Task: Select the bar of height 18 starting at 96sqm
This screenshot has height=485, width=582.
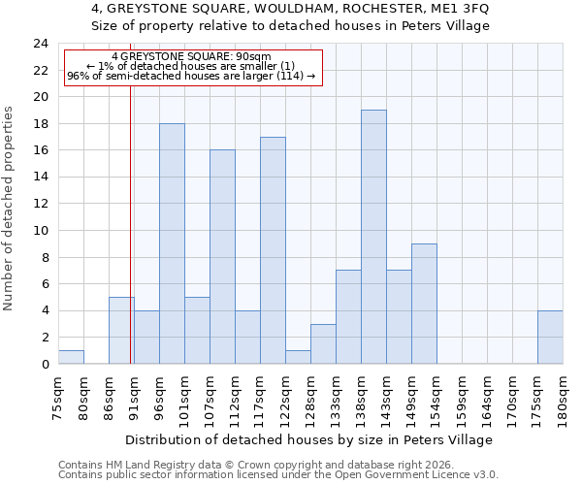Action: [x=172, y=243]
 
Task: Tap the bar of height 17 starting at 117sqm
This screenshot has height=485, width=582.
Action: [x=273, y=250]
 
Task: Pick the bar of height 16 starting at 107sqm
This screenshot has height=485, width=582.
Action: [x=222, y=257]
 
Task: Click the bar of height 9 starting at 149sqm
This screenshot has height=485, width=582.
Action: [x=424, y=304]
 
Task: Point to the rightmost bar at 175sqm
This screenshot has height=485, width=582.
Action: [x=550, y=337]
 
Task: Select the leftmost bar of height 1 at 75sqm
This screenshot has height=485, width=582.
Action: [x=71, y=357]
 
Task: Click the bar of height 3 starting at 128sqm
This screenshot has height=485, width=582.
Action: [x=323, y=343]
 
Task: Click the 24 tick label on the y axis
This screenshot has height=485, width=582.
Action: [x=41, y=44]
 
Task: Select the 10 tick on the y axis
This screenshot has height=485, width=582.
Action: [x=41, y=231]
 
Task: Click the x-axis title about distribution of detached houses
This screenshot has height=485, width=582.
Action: [x=310, y=439]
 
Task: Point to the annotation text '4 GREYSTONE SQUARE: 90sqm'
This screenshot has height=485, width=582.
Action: [x=191, y=57]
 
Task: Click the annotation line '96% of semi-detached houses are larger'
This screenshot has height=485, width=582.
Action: [x=191, y=76]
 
